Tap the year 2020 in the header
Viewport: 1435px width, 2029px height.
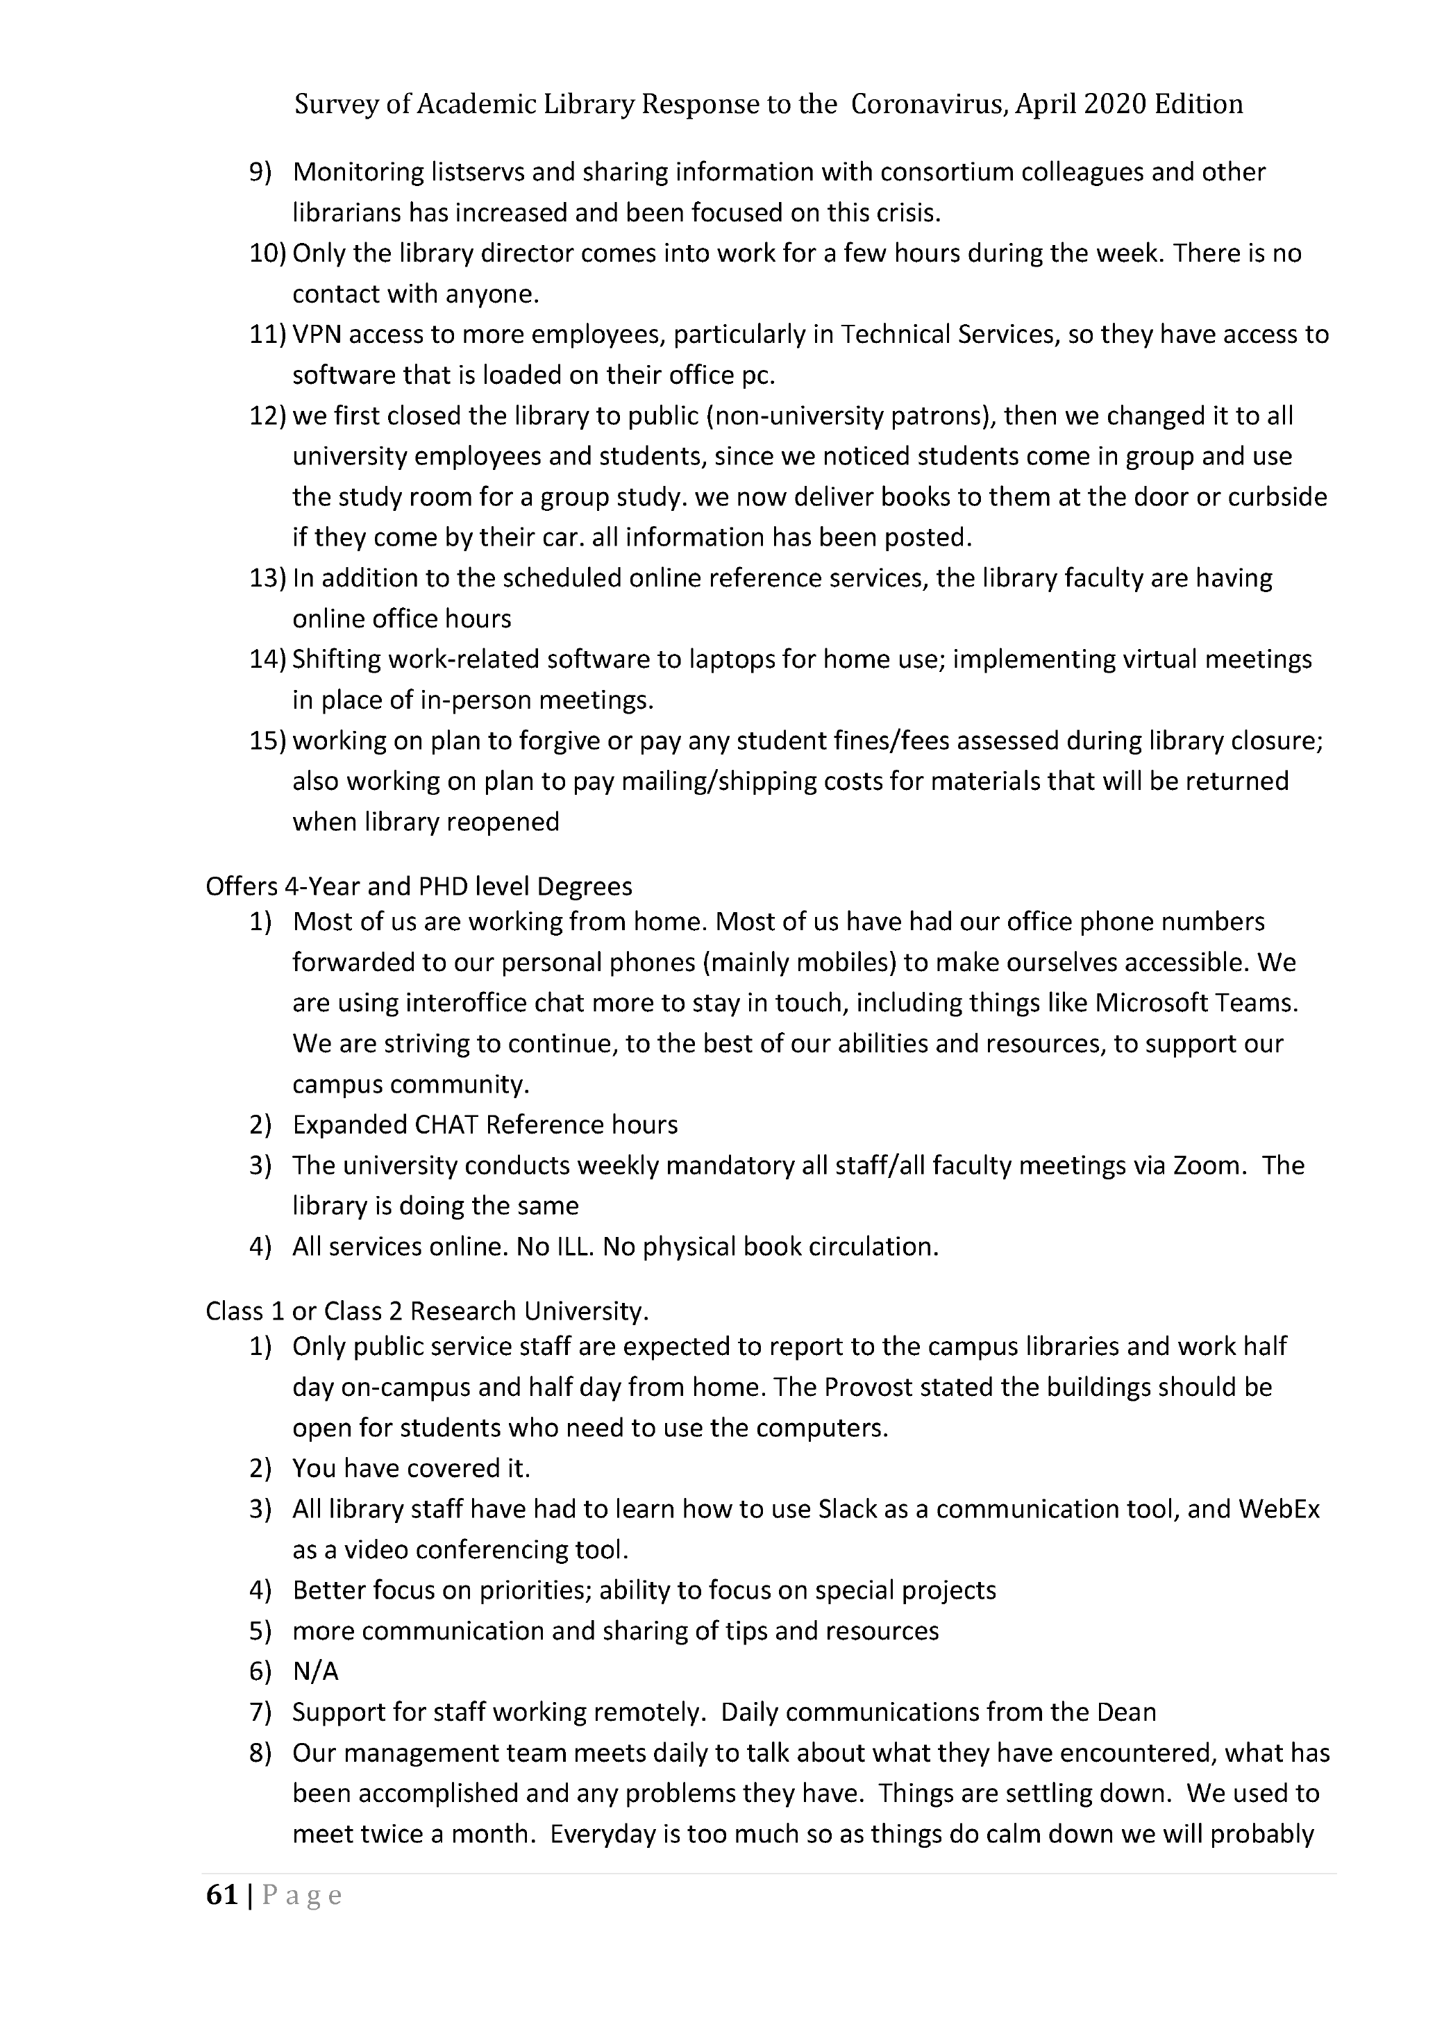click(x=1115, y=105)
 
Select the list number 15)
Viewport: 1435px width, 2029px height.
click(x=268, y=741)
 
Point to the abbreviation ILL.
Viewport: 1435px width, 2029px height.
click(x=567, y=1247)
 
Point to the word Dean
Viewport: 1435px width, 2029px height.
click(x=1126, y=1712)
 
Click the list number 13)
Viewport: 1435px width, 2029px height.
click(x=268, y=578)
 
